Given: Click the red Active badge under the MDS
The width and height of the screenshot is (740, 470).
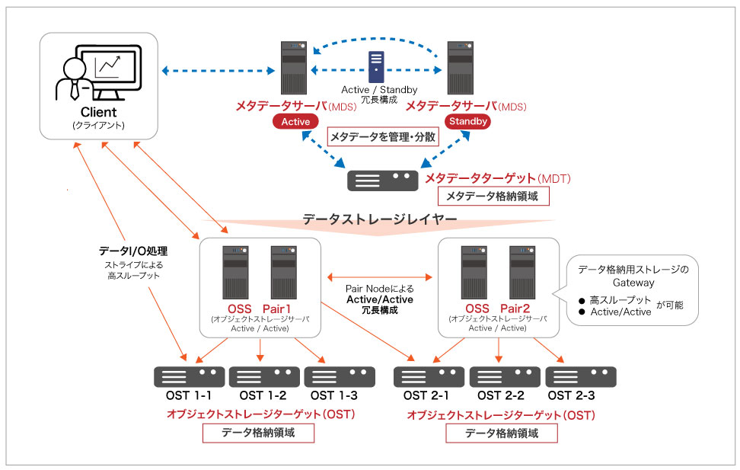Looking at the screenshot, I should point(296,122).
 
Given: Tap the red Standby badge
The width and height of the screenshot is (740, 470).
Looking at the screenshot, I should point(467,122).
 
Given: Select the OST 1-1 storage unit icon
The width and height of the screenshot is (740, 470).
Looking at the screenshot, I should point(189,376).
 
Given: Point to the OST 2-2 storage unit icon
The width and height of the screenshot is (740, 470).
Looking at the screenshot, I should point(505,376).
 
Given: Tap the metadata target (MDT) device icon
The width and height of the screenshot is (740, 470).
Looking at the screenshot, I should point(382,181).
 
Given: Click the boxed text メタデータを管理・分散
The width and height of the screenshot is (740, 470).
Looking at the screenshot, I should point(384,137).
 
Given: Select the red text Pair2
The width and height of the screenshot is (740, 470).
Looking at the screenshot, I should point(521,308).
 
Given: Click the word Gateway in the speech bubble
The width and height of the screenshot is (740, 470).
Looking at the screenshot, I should point(633,283).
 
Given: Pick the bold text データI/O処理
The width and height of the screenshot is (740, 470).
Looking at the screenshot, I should point(133,251).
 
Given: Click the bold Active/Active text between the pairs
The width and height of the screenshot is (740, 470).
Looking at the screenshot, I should point(380,299).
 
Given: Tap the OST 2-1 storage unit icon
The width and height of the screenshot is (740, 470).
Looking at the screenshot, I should point(429,376).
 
